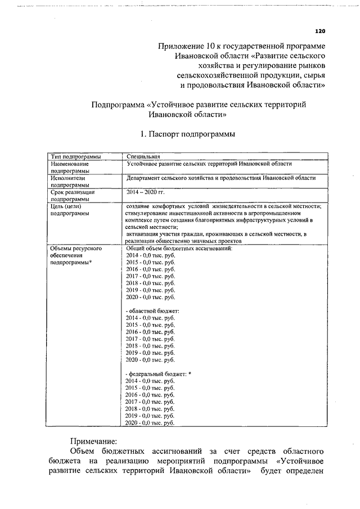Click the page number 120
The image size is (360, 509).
coord(320,31)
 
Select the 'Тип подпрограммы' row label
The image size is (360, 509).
coord(76,156)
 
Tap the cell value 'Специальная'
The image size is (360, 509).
coord(144,156)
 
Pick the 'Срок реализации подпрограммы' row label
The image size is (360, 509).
coord(72,195)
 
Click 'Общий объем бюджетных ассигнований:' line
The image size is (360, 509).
coord(178,248)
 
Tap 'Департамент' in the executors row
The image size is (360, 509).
coord(146,178)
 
